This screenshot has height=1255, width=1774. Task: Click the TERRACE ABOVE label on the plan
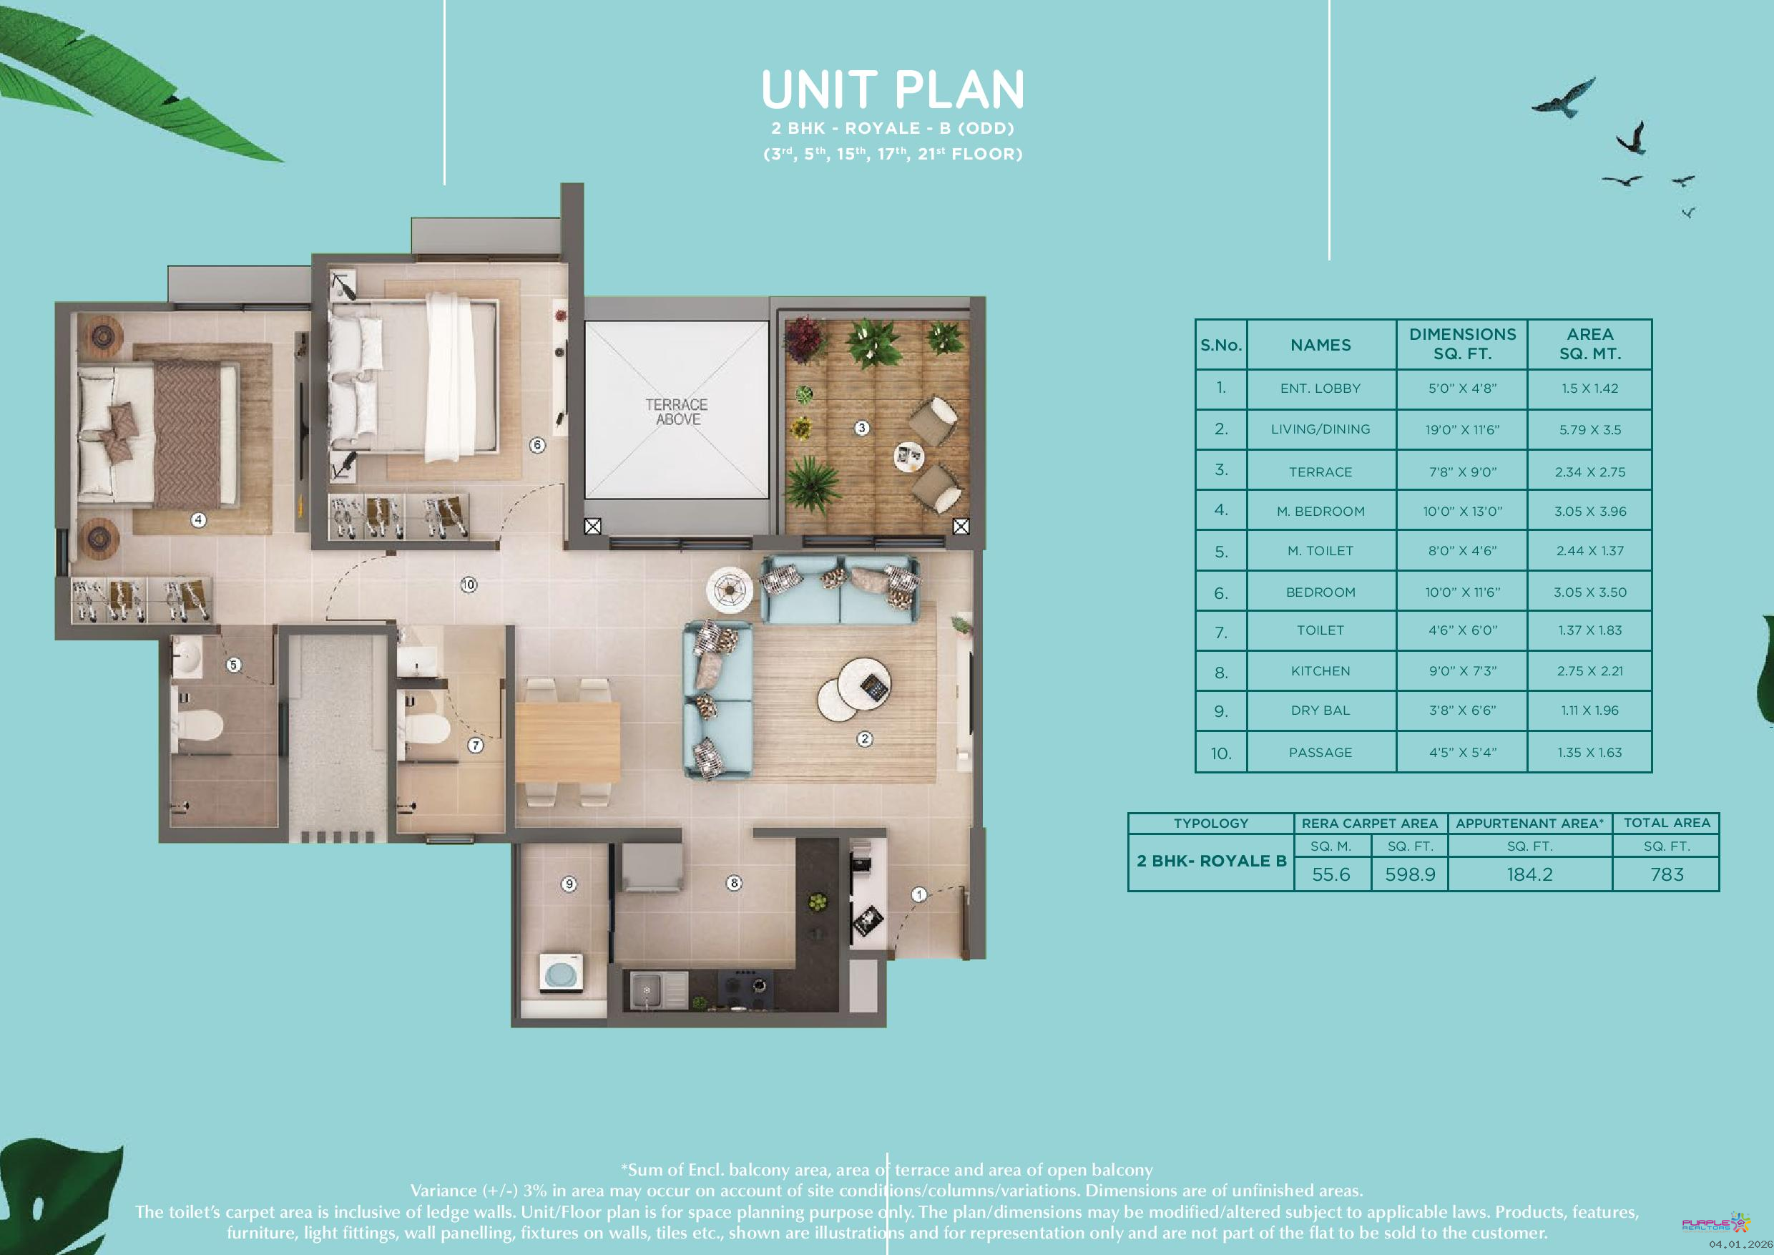677,412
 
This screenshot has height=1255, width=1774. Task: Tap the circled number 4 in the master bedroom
199,520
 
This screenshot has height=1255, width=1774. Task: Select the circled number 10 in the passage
469,585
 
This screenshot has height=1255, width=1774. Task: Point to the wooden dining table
568,741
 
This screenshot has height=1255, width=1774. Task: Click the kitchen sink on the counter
645,988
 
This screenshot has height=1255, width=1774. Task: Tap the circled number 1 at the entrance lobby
918,895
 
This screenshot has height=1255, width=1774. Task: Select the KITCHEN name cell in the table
1320,670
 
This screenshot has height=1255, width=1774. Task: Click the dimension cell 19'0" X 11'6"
1462,430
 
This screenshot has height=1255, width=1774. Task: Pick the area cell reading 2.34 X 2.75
1590,472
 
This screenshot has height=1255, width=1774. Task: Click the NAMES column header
1320,345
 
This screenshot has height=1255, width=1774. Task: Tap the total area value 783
1667,874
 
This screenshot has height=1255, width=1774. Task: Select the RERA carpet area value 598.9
1410,874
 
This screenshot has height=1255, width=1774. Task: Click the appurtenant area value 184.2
1529,874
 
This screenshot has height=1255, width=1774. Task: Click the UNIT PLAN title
893,89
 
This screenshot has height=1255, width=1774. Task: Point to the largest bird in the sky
1562,98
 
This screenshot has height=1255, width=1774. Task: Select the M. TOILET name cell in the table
1320,551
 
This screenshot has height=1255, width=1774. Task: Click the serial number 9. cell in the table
1221,711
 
